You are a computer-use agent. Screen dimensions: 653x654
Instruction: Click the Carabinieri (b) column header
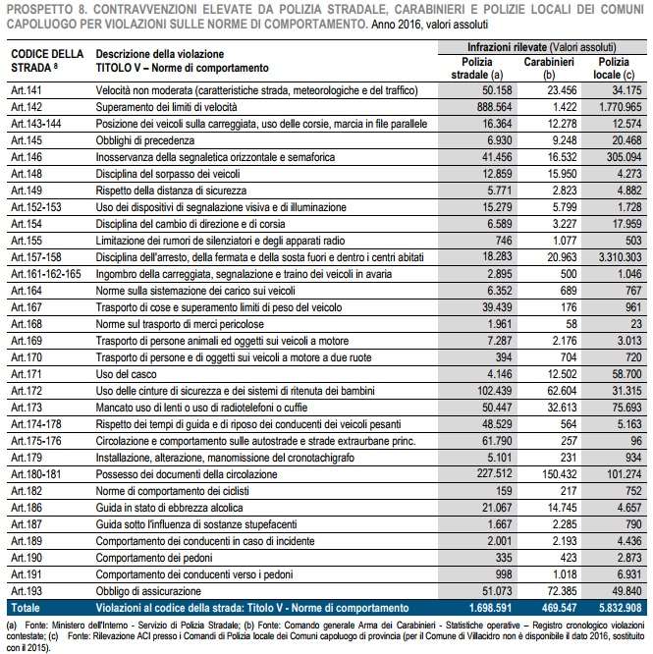[x=549, y=68]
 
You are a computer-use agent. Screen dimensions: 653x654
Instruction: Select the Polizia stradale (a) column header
[x=477, y=68]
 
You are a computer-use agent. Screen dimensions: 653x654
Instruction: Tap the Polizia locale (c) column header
[x=614, y=68]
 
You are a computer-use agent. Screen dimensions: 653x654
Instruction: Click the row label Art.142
[x=27, y=107]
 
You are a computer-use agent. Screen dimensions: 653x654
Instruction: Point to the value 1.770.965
[x=620, y=107]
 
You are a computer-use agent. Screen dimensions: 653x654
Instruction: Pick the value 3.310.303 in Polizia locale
[x=620, y=257]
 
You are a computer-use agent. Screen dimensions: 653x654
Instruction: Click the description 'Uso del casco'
[x=126, y=374]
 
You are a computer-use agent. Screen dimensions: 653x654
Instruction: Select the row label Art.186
[x=27, y=508]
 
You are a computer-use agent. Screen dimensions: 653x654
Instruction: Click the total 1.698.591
[x=490, y=608]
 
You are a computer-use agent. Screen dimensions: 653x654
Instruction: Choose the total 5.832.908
[x=620, y=608]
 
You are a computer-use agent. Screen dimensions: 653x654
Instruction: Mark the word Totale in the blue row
[x=26, y=608]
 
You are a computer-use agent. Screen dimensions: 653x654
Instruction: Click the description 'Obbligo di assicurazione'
[x=148, y=591]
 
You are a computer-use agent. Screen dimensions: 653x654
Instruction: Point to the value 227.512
[x=495, y=473]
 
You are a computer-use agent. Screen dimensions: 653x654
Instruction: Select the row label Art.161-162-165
[x=46, y=274]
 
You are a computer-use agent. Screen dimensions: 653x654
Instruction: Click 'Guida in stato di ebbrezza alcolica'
[x=169, y=508]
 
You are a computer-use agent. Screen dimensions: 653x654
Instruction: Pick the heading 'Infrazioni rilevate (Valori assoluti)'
[x=542, y=47]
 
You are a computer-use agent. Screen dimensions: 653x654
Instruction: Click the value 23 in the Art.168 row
[x=636, y=324]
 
